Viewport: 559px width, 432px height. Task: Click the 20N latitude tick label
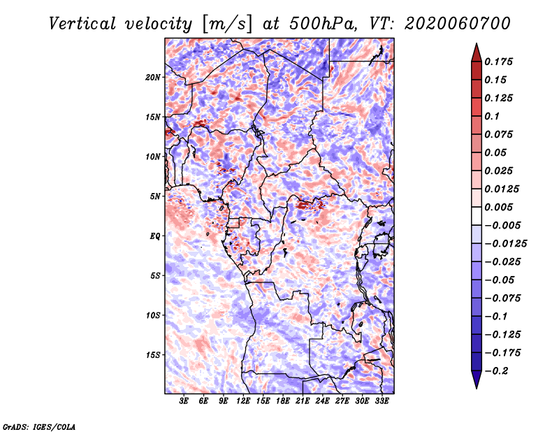point(153,78)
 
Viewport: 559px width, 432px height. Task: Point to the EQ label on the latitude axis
point(154,236)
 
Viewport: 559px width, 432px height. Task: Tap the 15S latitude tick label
point(153,355)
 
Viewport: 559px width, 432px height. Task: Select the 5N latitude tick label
point(154,196)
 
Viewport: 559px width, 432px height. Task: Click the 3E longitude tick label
point(184,401)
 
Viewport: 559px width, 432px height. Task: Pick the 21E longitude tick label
point(303,401)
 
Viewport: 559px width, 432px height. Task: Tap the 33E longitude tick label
point(382,401)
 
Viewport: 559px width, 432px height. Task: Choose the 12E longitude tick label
point(243,401)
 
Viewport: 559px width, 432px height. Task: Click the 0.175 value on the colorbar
point(498,62)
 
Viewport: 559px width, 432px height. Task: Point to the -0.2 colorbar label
point(496,371)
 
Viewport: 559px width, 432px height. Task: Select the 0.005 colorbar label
point(498,207)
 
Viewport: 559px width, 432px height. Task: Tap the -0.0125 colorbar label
point(505,244)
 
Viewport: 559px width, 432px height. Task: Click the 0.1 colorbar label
point(492,116)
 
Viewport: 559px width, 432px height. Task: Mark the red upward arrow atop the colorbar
point(477,52)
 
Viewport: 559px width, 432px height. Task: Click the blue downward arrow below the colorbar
point(477,380)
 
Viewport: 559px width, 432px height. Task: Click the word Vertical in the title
point(82,24)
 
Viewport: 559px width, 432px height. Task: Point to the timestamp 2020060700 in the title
point(458,24)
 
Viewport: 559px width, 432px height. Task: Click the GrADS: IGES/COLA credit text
point(39,426)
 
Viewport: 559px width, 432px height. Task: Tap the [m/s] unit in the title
point(227,24)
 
